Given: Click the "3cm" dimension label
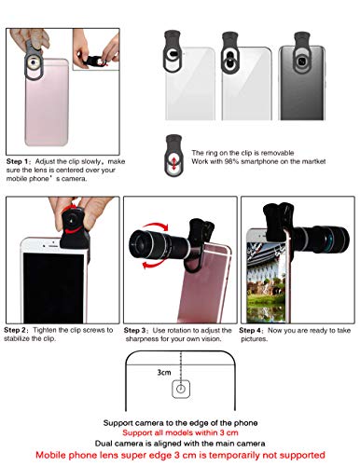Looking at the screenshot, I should (165, 372).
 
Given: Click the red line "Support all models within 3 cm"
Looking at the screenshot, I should (180, 432).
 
